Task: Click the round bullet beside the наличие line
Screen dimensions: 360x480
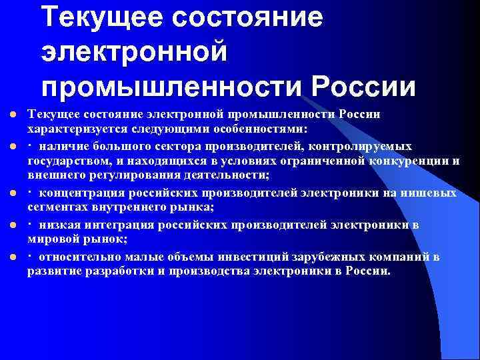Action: pos(11,145)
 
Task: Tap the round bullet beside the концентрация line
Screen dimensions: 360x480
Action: pos(11,193)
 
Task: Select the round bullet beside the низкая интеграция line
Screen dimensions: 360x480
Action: pos(11,225)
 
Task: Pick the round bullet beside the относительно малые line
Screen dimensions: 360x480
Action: pos(11,257)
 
